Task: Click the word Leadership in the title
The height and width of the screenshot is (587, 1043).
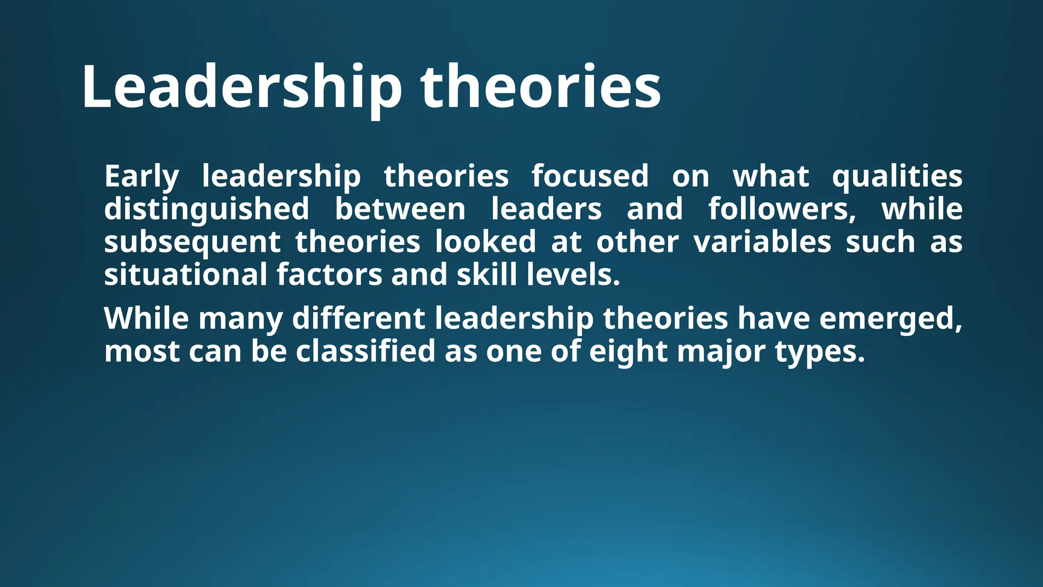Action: [x=242, y=87]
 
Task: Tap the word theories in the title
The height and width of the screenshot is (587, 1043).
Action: [x=540, y=87]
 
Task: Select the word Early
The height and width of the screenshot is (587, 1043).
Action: [x=142, y=177]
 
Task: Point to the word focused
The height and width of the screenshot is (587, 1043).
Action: [x=590, y=176]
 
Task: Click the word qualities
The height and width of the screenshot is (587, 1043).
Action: [x=897, y=177]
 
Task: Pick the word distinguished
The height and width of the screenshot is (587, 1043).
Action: [x=207, y=209]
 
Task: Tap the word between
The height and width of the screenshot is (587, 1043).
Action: [x=400, y=209]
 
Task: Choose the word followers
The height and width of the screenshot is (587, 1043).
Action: [x=782, y=209]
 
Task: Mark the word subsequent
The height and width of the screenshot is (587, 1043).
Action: [x=193, y=242]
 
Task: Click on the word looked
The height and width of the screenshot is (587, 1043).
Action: [x=485, y=242]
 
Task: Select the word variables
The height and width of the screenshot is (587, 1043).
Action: [x=762, y=242]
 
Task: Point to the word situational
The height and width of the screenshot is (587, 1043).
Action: [x=186, y=275]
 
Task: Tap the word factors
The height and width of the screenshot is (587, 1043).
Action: [x=329, y=275]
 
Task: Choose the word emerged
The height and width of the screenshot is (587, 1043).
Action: [x=891, y=319]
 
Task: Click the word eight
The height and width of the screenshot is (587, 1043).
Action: [x=628, y=352]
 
